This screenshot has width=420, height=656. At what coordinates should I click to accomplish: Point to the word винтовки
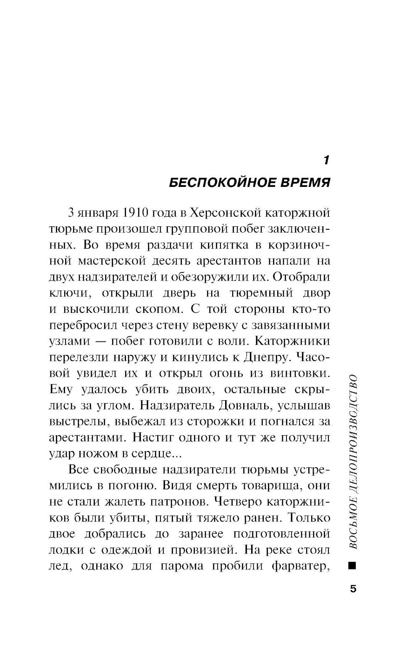303,373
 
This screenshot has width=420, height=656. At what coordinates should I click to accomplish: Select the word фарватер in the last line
299,566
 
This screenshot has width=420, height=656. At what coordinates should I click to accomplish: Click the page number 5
353,588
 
